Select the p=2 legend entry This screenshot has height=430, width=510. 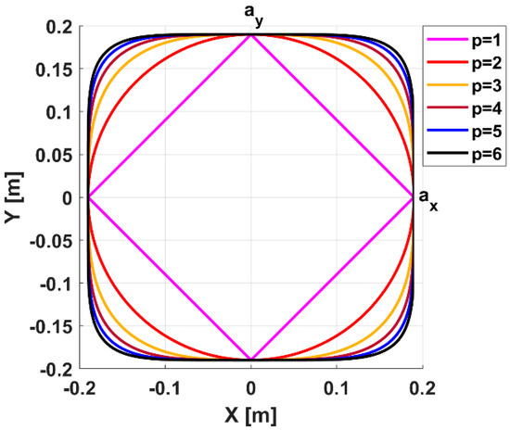469,63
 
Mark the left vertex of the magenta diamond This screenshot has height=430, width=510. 88,197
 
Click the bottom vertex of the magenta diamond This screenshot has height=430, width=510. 251,360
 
